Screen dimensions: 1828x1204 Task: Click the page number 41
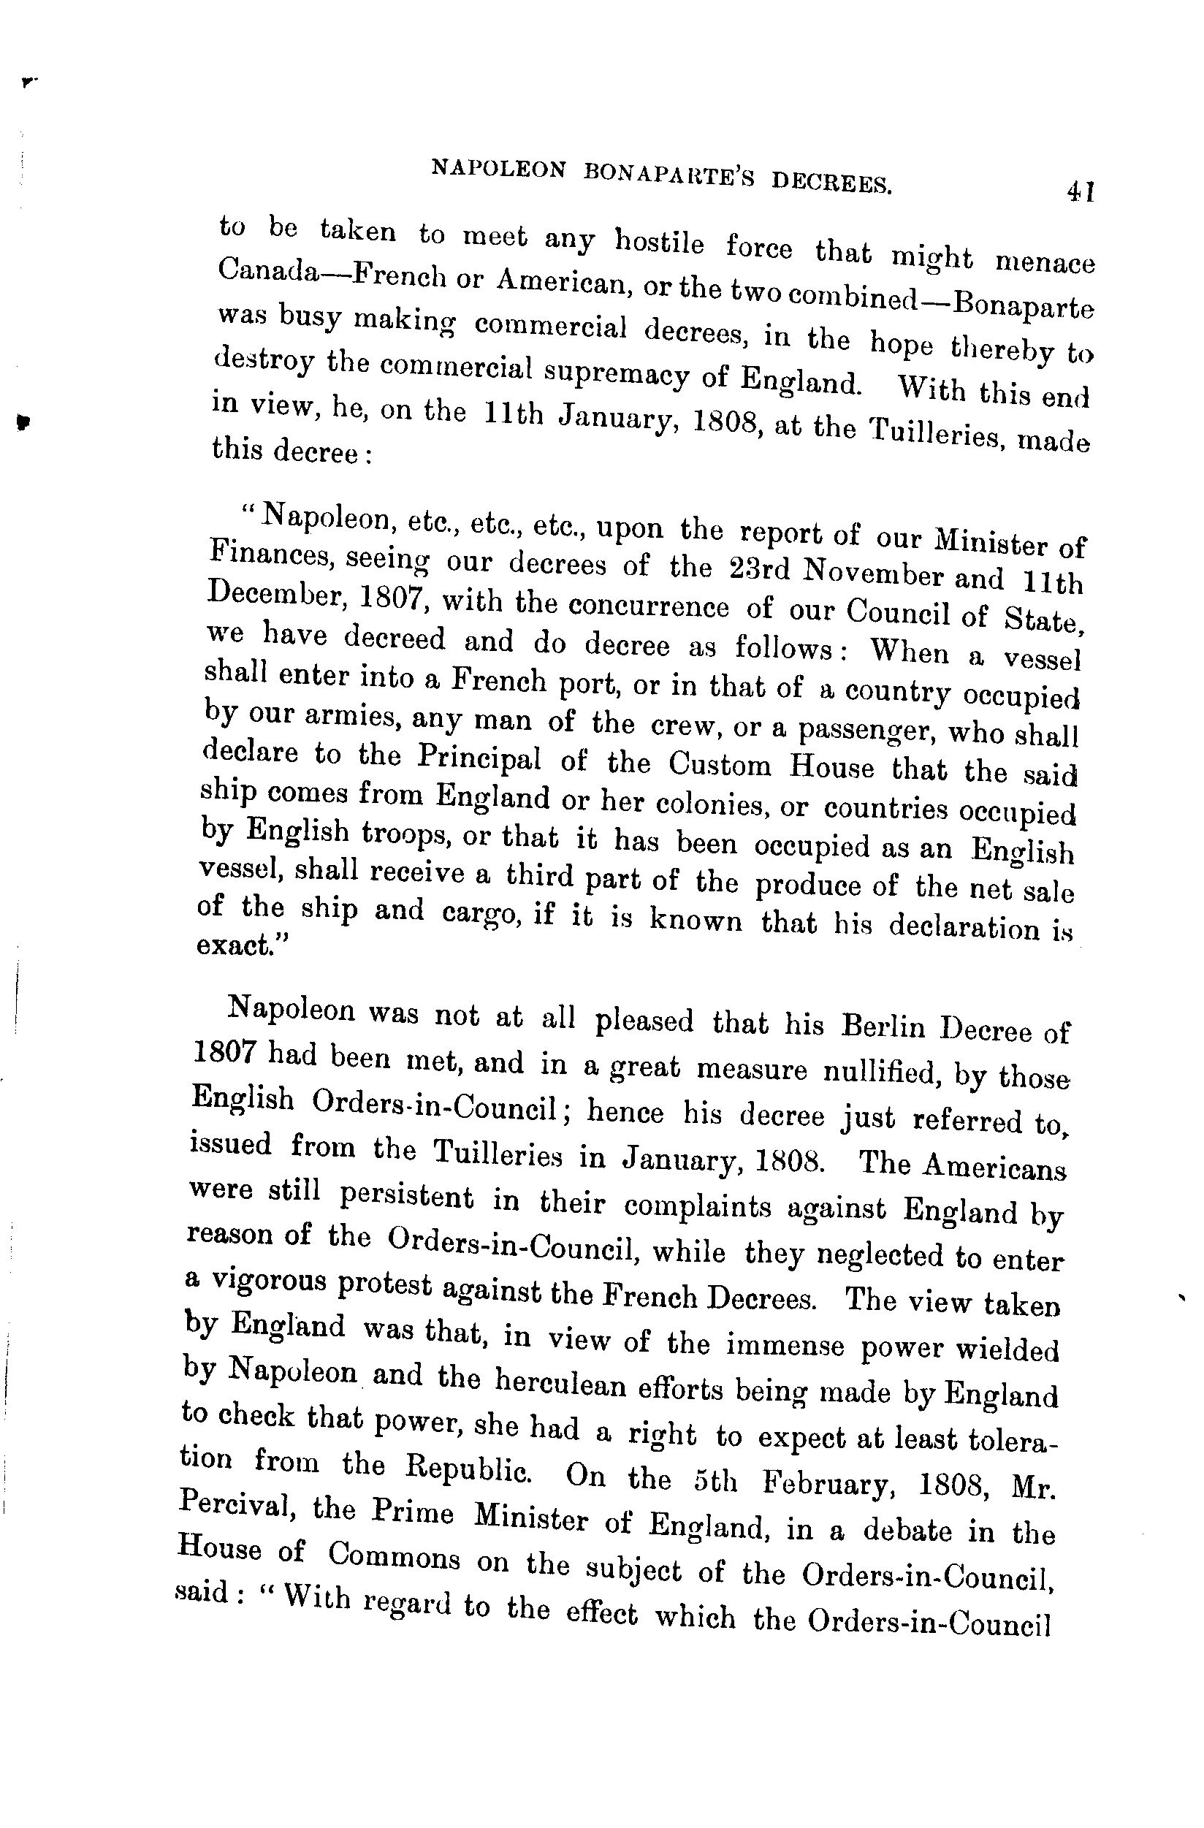tap(1079, 191)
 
